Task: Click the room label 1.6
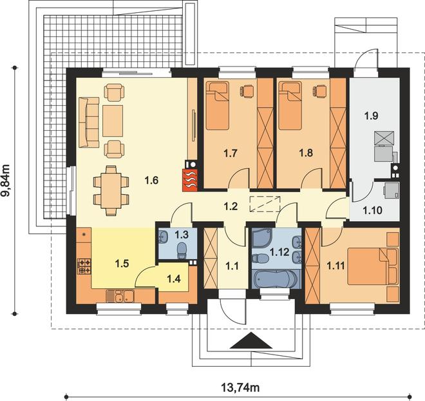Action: click(151, 180)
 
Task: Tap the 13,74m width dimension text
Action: click(240, 387)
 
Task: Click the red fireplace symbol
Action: click(190, 180)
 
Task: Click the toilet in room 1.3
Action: click(182, 250)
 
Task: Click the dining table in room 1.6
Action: click(111, 190)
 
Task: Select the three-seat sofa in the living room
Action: click(89, 122)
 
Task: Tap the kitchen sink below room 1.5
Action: click(120, 297)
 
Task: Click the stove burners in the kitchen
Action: click(84, 266)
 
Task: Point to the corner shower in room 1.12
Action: click(261, 237)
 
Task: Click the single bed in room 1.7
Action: click(218, 106)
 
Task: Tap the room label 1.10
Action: click(372, 210)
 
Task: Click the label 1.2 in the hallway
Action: click(231, 206)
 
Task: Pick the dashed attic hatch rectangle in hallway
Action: click(265, 204)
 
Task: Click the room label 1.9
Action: click(371, 116)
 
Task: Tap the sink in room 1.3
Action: click(163, 236)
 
